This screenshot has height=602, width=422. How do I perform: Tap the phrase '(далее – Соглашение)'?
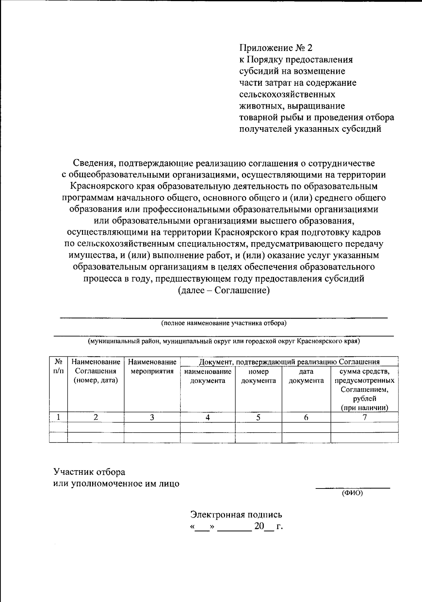[x=224, y=290]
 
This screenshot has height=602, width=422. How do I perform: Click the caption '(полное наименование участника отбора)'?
[x=224, y=323]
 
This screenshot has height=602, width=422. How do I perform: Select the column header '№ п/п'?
[x=58, y=366]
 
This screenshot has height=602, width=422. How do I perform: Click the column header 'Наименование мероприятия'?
[x=152, y=367]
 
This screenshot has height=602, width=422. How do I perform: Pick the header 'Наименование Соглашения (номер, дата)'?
[x=96, y=371]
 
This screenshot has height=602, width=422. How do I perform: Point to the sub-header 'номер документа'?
[x=258, y=376]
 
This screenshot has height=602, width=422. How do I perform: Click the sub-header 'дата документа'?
[x=306, y=376]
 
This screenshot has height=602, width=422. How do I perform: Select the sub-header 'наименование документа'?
[x=207, y=376]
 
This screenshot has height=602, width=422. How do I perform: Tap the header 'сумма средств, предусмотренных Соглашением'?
[x=364, y=385]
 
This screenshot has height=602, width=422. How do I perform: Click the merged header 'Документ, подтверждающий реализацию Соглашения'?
[x=289, y=362]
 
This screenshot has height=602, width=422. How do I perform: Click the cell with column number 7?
[x=364, y=417]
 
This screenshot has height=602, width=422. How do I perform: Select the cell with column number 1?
[x=58, y=417]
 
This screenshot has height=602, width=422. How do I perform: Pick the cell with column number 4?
[x=207, y=417]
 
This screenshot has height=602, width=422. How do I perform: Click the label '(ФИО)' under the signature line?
[x=352, y=493]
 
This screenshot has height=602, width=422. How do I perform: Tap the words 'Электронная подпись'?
[x=236, y=514]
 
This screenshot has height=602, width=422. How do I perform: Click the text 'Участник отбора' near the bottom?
[x=89, y=472]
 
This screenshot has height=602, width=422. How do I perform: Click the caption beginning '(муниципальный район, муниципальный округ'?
[x=224, y=341]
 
